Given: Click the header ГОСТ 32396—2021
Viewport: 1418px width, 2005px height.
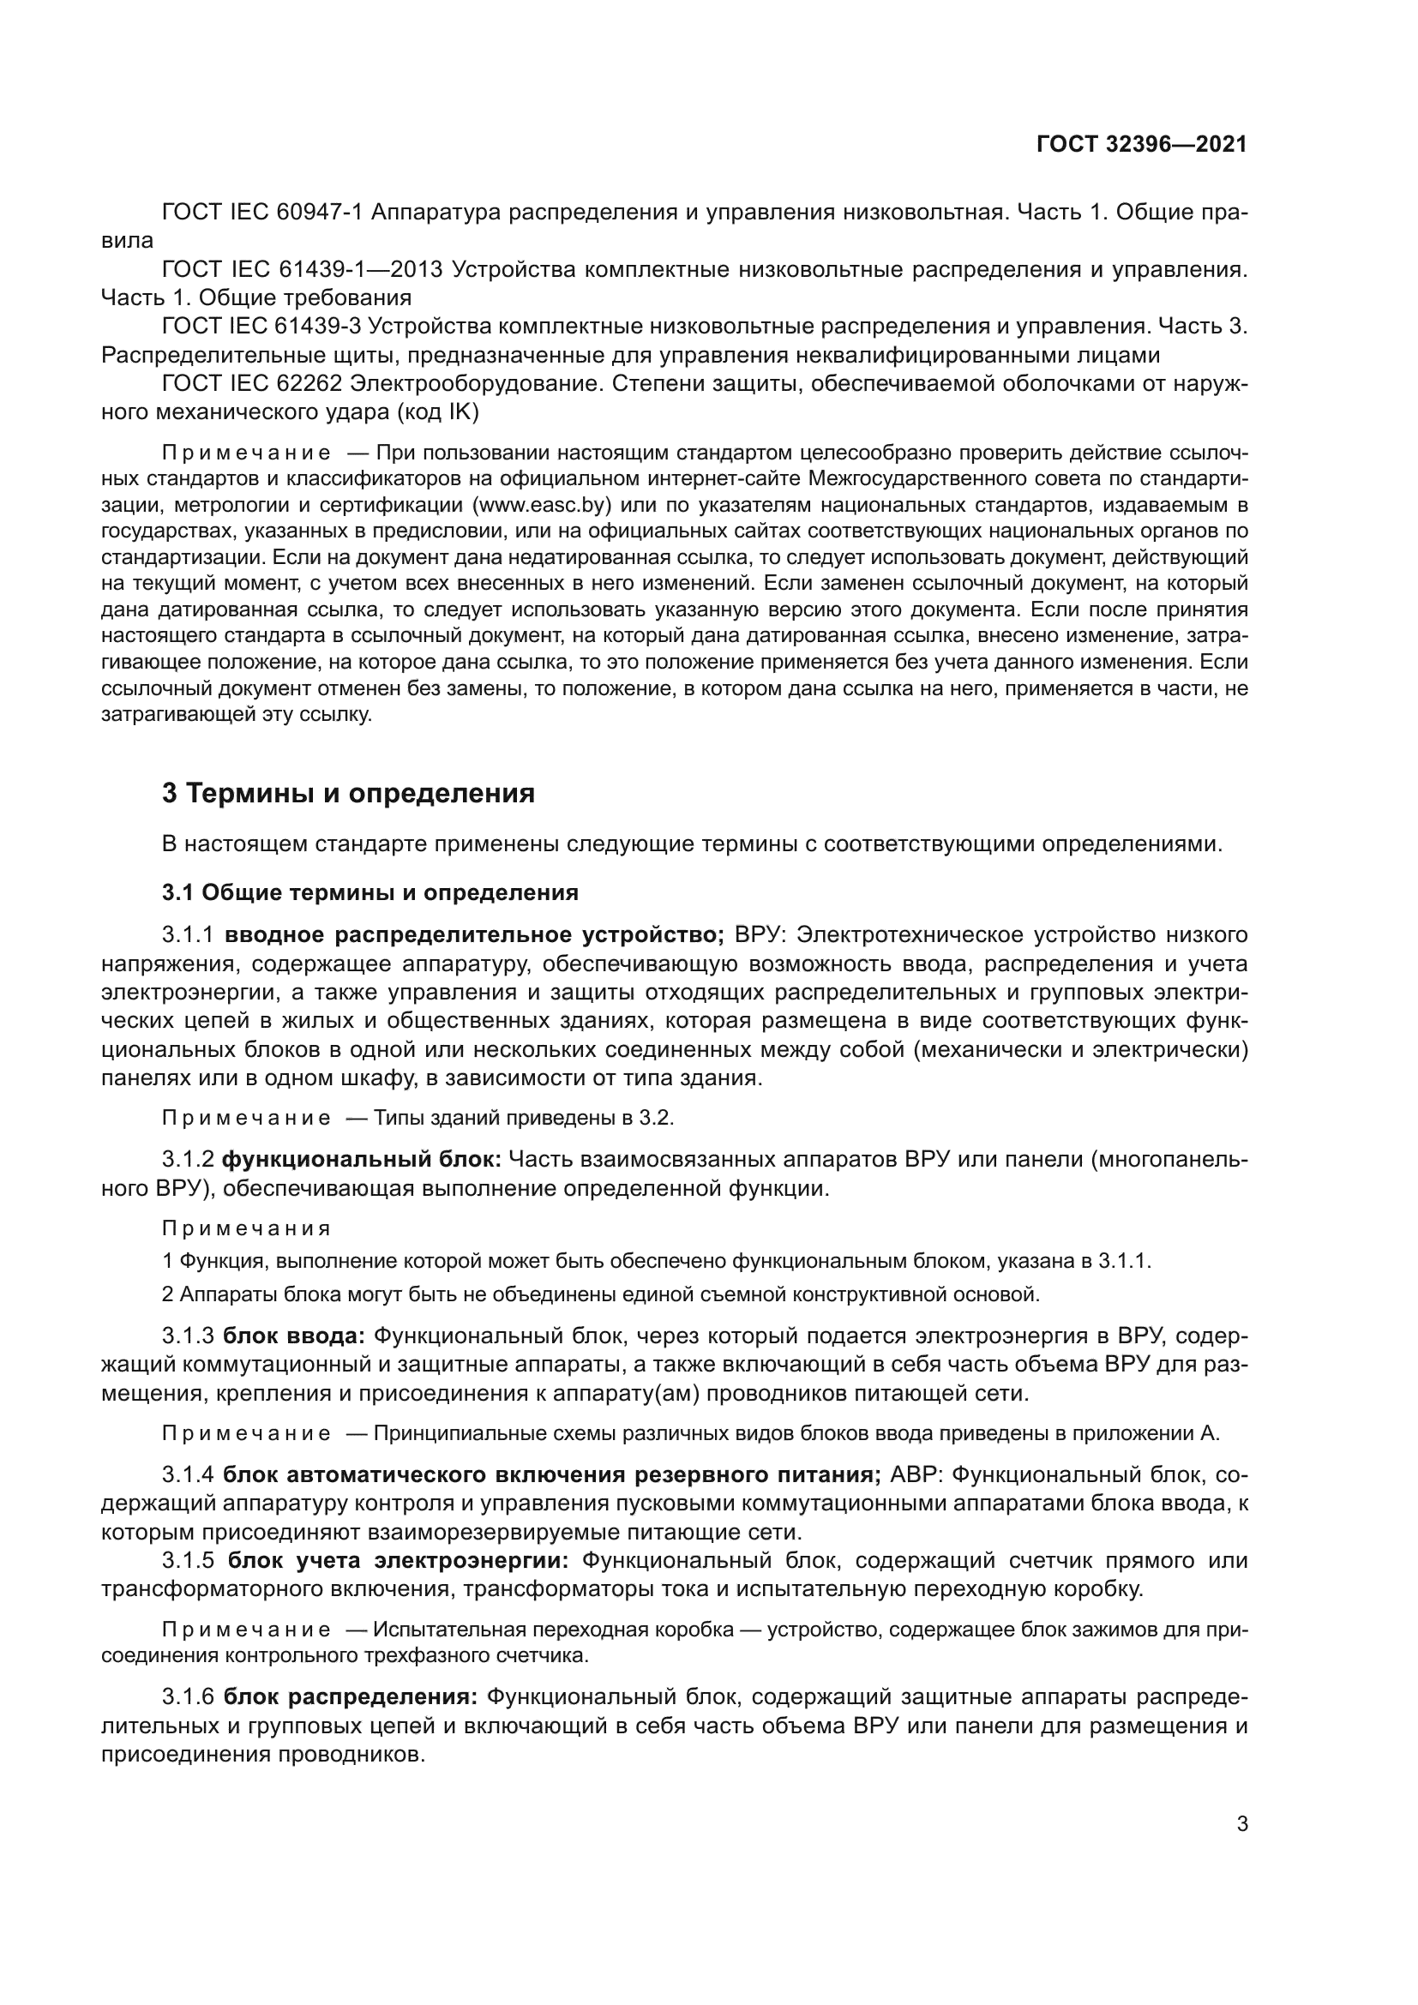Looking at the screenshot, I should click(1141, 145).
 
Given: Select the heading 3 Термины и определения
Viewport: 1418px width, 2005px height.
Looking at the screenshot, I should click(348, 794).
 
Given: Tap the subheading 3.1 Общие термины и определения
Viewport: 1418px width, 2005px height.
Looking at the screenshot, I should click(370, 892).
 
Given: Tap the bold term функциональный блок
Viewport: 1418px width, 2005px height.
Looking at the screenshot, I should click(361, 1160).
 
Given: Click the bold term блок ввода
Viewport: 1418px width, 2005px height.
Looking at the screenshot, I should click(293, 1336).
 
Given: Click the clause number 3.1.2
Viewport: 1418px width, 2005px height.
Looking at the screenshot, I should click(188, 1160).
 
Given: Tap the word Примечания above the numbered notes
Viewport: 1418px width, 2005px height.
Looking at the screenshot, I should click(246, 1228).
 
